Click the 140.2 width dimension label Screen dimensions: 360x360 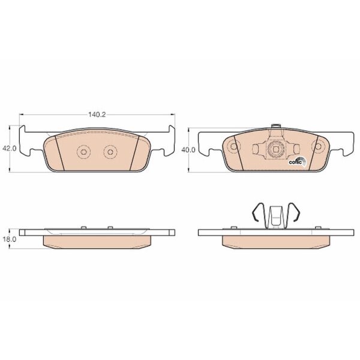[97, 115]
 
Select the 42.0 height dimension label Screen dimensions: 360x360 [9, 149]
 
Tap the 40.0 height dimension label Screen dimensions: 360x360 [188, 150]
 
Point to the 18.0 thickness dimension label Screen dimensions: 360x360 [9, 239]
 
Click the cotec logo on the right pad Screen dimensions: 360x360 [298, 161]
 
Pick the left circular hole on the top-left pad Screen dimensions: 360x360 [83, 152]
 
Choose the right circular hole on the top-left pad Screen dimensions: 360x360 [110, 152]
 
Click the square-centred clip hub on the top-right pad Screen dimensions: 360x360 [275, 149]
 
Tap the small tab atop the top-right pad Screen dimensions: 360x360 [276, 126]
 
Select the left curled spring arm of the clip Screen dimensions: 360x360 [257, 212]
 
